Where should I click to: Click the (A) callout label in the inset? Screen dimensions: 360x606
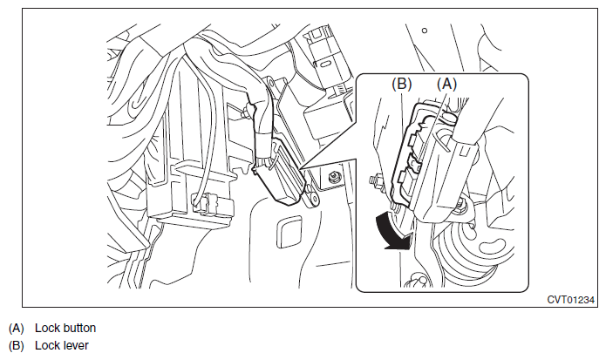446,85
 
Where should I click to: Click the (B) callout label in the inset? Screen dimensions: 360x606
403,85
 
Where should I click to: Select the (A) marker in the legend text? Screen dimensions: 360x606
17,329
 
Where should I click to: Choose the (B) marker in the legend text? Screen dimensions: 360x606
17,345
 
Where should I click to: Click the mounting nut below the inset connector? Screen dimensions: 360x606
460,207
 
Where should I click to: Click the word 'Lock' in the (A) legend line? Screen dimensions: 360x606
47,329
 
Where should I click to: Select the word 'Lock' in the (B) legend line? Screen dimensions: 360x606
47,345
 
